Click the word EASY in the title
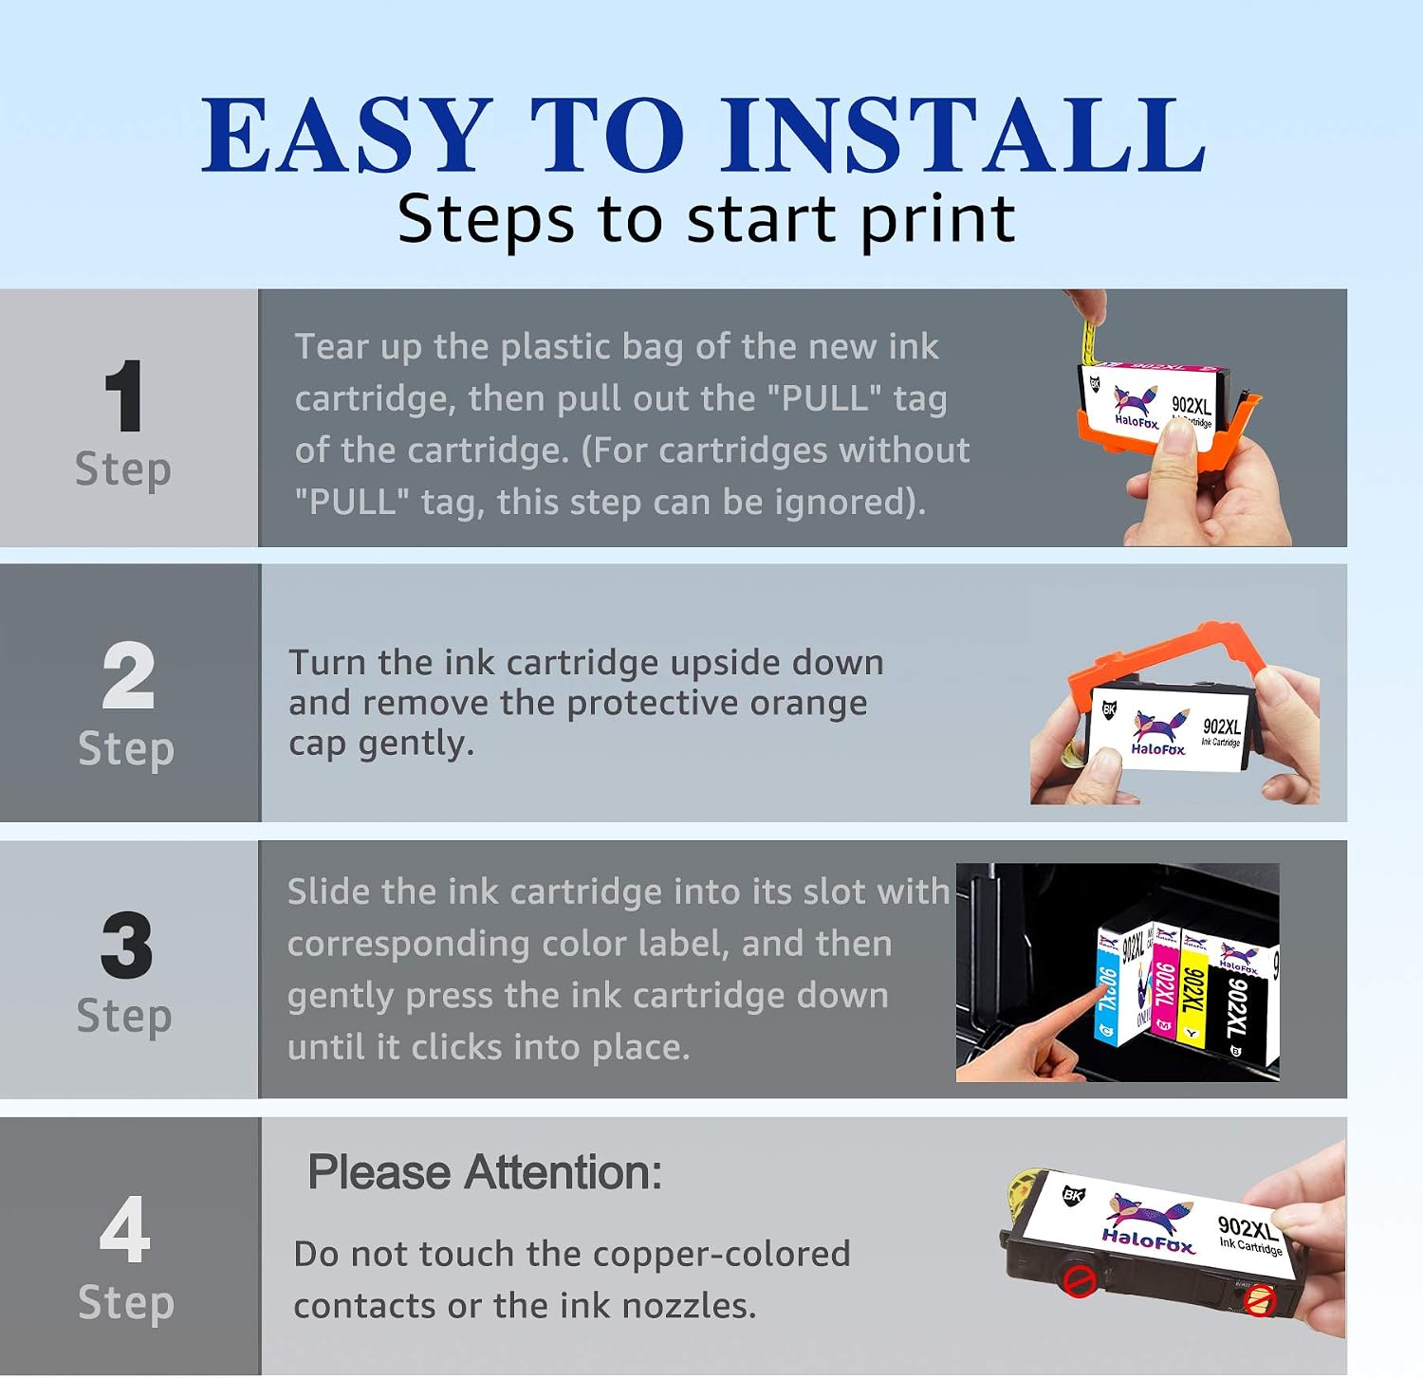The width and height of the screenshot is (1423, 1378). [346, 136]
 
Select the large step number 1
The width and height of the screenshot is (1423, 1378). [124, 396]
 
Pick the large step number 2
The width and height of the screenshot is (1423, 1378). [128, 675]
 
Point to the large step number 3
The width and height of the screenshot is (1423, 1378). [127, 945]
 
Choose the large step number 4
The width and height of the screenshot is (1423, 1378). [125, 1229]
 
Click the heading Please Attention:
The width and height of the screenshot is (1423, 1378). [485, 1173]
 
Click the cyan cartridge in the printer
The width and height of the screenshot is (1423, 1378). [1109, 991]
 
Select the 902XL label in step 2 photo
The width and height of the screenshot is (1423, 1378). [1222, 726]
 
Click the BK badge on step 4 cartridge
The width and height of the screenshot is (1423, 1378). [1073, 1195]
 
